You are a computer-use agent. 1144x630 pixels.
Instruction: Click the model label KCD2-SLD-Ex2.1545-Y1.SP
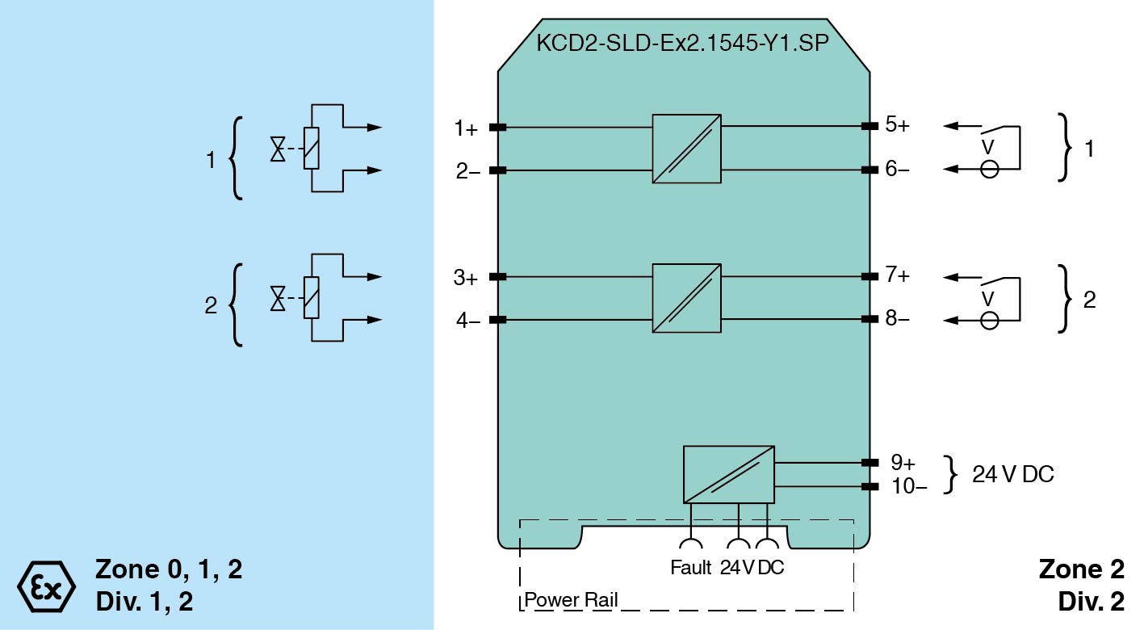[682, 44]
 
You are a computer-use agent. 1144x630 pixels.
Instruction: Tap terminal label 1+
[466, 128]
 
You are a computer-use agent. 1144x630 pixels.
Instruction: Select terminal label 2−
[467, 171]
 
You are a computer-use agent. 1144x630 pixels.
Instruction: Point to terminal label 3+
[466, 279]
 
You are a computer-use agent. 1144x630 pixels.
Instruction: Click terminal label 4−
[467, 321]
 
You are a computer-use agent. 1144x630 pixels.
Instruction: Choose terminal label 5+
[897, 125]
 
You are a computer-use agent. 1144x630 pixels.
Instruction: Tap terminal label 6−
[897, 170]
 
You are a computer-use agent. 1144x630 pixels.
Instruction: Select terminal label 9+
[903, 463]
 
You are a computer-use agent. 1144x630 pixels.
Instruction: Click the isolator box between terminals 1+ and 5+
[686, 149]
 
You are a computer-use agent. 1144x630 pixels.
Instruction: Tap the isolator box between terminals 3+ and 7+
[686, 298]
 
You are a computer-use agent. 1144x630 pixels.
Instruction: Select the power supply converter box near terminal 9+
[728, 474]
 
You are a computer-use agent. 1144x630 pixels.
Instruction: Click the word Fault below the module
[691, 568]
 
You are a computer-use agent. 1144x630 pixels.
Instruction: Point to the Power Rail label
[571, 601]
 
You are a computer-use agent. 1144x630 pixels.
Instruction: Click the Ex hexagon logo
[46, 584]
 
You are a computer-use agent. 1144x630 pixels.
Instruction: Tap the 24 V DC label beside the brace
[1012, 474]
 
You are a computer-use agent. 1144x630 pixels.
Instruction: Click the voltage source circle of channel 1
[989, 170]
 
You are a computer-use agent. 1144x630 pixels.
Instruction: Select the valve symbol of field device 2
[279, 300]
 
